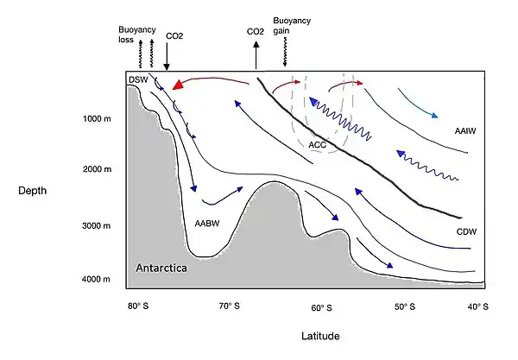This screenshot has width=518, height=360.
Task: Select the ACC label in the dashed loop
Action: (x=317, y=145)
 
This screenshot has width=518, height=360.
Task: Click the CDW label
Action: (x=468, y=232)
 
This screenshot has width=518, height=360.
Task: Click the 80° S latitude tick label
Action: (x=138, y=306)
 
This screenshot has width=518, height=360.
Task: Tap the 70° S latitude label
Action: (x=228, y=306)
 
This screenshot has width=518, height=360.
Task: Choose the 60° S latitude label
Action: (x=321, y=307)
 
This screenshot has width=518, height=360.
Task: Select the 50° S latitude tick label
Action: (x=404, y=306)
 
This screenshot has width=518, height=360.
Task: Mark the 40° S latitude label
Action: (x=478, y=306)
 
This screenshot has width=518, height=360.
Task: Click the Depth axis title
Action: (x=32, y=191)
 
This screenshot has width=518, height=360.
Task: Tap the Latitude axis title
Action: (x=319, y=334)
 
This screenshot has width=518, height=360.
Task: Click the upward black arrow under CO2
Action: (x=256, y=55)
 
